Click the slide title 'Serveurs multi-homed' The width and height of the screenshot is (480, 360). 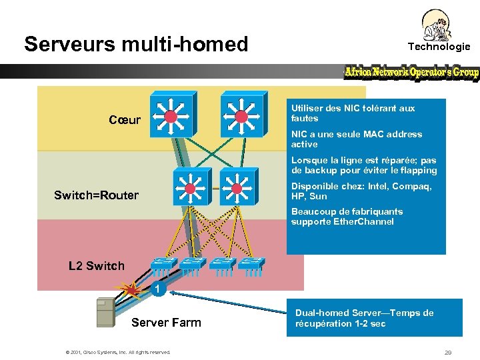click(x=136, y=45)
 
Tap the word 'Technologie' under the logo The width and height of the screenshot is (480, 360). click(x=439, y=47)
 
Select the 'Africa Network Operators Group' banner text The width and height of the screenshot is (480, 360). click(x=411, y=72)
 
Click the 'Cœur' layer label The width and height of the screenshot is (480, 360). click(x=125, y=120)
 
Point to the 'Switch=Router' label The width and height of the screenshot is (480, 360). click(x=96, y=195)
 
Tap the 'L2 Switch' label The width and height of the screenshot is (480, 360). click(x=97, y=266)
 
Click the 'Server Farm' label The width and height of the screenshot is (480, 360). click(x=166, y=323)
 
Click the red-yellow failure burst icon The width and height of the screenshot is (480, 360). click(x=131, y=289)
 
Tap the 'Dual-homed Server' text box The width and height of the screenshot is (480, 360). click(x=374, y=318)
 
